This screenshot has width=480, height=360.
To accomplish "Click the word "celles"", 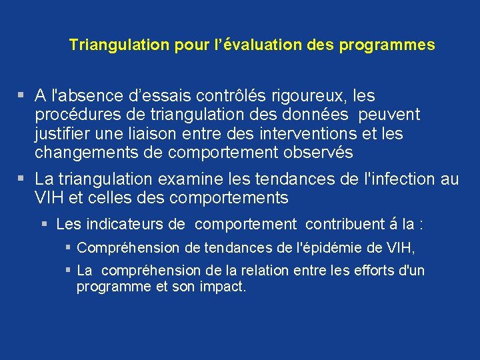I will click(x=104, y=198).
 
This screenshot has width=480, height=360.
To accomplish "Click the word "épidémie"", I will click(x=331, y=248).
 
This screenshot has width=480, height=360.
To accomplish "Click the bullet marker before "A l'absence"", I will click(x=22, y=96).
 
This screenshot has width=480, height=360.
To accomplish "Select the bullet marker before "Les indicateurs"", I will click(x=45, y=224).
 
